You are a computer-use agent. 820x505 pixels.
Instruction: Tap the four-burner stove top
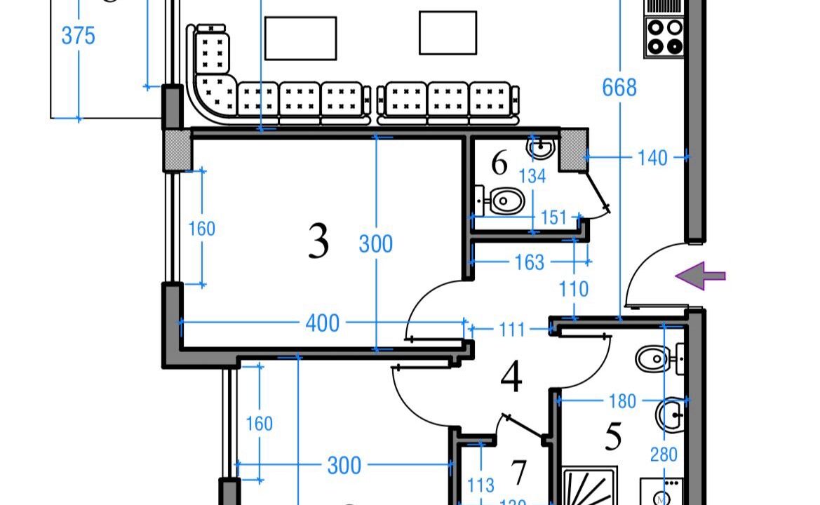coord(664,37)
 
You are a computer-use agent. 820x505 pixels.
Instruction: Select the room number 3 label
coord(318,242)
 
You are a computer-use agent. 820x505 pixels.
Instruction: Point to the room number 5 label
coord(613,437)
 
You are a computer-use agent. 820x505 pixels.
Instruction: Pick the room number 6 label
coord(499,164)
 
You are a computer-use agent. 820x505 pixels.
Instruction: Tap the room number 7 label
coord(518,473)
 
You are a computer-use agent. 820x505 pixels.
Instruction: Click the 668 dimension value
coord(619,88)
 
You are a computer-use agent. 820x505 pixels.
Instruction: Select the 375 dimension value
coord(78,36)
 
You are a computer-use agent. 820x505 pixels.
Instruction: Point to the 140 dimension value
coord(652,158)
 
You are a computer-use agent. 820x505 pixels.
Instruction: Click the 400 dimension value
coord(323,323)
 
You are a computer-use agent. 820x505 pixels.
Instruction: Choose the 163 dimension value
coord(529,262)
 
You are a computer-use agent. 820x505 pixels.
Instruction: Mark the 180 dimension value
coord(622,401)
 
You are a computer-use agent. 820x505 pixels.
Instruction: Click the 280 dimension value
coord(663,454)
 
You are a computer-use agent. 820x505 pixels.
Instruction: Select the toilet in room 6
coord(505,202)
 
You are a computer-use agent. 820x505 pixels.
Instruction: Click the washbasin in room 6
coord(542,148)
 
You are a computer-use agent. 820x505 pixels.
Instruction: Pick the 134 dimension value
coord(532,176)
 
